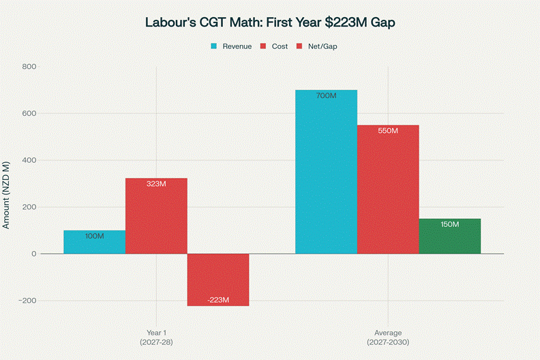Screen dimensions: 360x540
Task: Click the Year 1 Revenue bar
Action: (x=94, y=242)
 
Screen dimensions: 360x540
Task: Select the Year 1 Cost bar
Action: (x=156, y=215)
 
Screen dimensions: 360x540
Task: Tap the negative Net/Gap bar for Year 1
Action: (x=218, y=280)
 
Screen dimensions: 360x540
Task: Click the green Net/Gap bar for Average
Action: (x=450, y=236)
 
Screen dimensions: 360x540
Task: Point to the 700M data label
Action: (x=326, y=96)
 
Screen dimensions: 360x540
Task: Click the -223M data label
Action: (x=218, y=300)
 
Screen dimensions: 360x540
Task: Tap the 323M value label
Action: (x=156, y=184)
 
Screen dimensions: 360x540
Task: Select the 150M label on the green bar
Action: (x=450, y=224)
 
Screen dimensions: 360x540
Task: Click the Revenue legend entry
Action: (x=231, y=46)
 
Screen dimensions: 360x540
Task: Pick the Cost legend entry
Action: (x=275, y=46)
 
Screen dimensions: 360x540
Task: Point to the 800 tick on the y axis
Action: (x=29, y=67)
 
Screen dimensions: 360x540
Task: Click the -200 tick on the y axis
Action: (x=27, y=301)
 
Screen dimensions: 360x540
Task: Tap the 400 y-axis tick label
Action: (x=29, y=160)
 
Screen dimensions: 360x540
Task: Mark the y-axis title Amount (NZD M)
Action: (x=7, y=194)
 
